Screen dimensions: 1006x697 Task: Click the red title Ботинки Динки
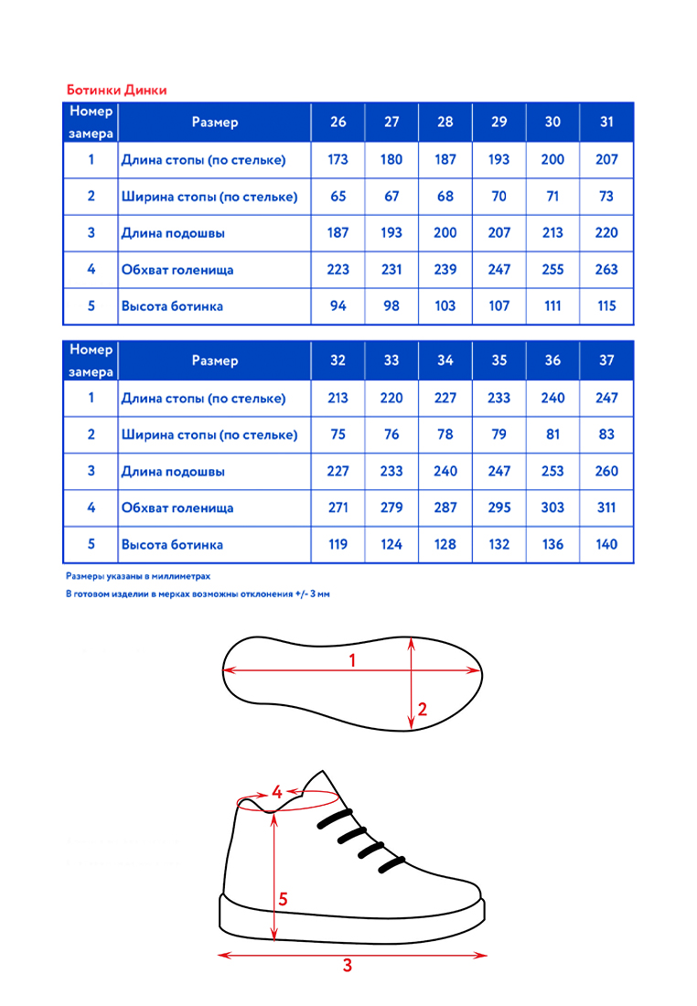click(x=116, y=91)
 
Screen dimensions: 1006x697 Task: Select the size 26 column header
click(x=338, y=123)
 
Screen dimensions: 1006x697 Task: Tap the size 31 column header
click(x=606, y=123)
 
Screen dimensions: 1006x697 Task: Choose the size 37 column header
click(x=606, y=360)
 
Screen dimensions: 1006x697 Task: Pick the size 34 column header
click(x=445, y=360)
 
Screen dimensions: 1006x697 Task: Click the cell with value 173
click(x=338, y=159)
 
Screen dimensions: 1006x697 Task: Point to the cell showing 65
click(x=338, y=196)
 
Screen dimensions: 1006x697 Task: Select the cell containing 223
click(x=338, y=270)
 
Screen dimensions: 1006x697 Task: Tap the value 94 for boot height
click(x=338, y=306)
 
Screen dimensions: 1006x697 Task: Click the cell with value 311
click(x=606, y=508)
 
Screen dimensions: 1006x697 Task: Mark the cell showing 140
click(x=606, y=544)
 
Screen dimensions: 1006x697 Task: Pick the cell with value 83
click(x=606, y=434)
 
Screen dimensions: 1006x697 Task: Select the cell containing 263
click(x=606, y=270)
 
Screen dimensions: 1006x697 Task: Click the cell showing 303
click(x=552, y=508)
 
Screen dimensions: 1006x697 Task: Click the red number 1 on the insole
click(x=352, y=660)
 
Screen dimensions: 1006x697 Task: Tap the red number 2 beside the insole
click(x=422, y=709)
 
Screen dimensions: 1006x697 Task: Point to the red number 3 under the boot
click(x=347, y=965)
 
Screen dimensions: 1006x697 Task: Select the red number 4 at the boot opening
click(x=276, y=793)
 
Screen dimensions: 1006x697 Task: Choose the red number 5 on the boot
click(x=284, y=899)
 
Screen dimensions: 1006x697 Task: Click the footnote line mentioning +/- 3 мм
click(x=198, y=594)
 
